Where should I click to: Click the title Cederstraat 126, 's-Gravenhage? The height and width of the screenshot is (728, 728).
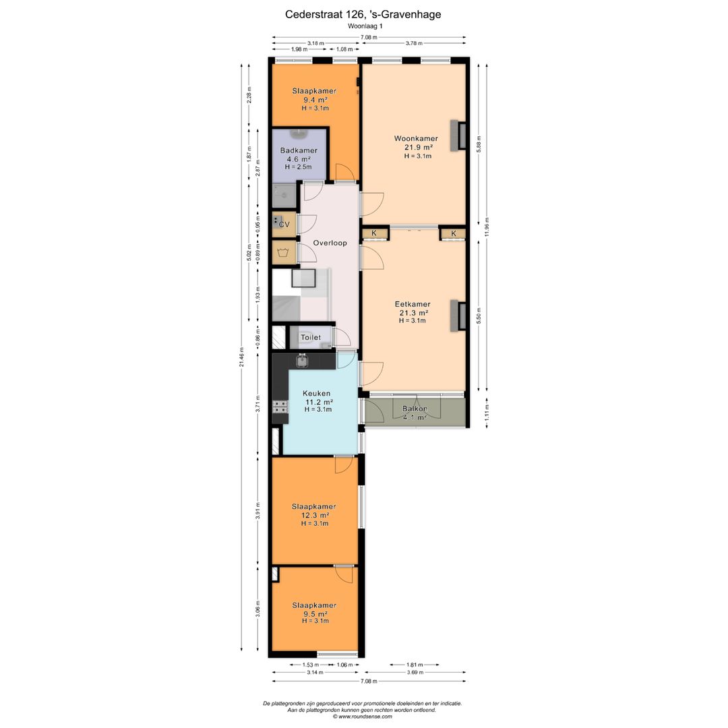[x=363, y=13]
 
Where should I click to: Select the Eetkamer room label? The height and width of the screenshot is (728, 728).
[x=413, y=304]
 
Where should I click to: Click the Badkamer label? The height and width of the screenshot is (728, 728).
[x=299, y=151]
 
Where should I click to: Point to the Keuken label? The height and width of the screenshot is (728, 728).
[x=316, y=394]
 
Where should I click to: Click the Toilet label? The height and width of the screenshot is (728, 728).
[x=311, y=337]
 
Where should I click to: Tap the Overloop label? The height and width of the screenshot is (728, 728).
[x=330, y=243]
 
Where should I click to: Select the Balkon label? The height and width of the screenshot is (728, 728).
[x=414, y=409]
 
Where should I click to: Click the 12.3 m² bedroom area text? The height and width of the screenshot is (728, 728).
[x=314, y=515]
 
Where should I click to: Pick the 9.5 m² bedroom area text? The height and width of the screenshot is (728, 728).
[x=314, y=613]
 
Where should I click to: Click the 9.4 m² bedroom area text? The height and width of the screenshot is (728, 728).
[x=314, y=100]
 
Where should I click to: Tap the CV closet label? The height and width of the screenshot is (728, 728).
[x=284, y=224]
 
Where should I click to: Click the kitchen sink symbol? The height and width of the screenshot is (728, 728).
[x=302, y=361]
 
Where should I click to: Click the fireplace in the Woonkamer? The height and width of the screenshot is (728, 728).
[x=460, y=135]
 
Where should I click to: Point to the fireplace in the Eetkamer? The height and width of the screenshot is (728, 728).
[x=460, y=315]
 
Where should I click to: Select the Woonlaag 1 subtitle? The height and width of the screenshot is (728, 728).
[x=365, y=26]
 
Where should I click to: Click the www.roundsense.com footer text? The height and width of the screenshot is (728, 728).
[x=363, y=717]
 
